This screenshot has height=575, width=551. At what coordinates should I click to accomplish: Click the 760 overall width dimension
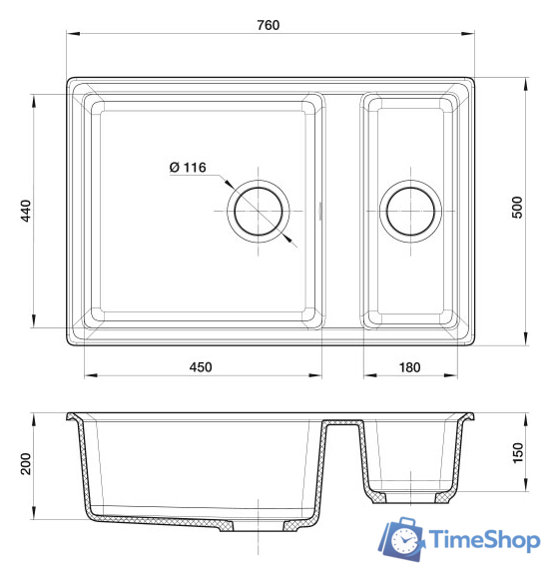click(x=269, y=25)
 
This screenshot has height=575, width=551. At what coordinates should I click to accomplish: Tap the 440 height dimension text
click(x=26, y=211)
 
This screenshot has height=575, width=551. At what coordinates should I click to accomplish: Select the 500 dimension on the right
click(x=517, y=208)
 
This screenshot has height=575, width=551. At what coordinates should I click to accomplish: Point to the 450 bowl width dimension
click(x=201, y=367)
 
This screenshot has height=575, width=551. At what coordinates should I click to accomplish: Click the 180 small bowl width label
click(x=409, y=367)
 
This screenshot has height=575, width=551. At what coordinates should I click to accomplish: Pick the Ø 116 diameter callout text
click(x=188, y=168)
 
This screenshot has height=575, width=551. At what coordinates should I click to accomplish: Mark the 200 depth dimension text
click(x=26, y=464)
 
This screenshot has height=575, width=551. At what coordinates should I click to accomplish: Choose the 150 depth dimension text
click(x=518, y=453)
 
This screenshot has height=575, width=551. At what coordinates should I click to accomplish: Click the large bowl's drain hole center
click(x=259, y=212)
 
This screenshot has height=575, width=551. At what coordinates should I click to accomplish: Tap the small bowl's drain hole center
click(x=410, y=212)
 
